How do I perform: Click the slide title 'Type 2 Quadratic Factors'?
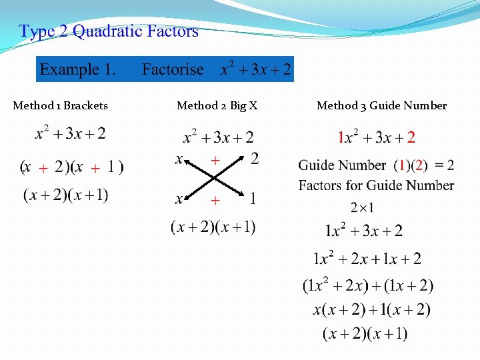coord(109,31)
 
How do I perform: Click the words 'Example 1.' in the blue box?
coord(78,69)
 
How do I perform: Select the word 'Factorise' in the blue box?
coord(173,69)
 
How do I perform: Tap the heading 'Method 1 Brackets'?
coord(61,105)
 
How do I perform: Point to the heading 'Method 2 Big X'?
coord(217,105)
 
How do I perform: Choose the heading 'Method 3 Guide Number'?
coord(381,105)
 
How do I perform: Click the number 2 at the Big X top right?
coord(254,159)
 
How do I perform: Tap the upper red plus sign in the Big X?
coord(215,160)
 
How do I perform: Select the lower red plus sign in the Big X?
coord(215,200)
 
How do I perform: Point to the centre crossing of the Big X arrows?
coord(214,179)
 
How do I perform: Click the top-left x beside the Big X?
coord(179,159)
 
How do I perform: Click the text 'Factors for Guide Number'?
coord(376,185)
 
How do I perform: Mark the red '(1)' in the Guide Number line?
coord(403,165)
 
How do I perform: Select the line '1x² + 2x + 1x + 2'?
coord(367,259)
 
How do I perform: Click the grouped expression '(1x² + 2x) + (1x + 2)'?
coord(368,285)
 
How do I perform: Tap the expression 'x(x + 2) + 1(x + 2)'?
coord(371,309)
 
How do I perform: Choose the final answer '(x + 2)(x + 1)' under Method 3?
coord(365,333)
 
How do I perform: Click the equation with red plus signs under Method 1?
coord(71,167)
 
